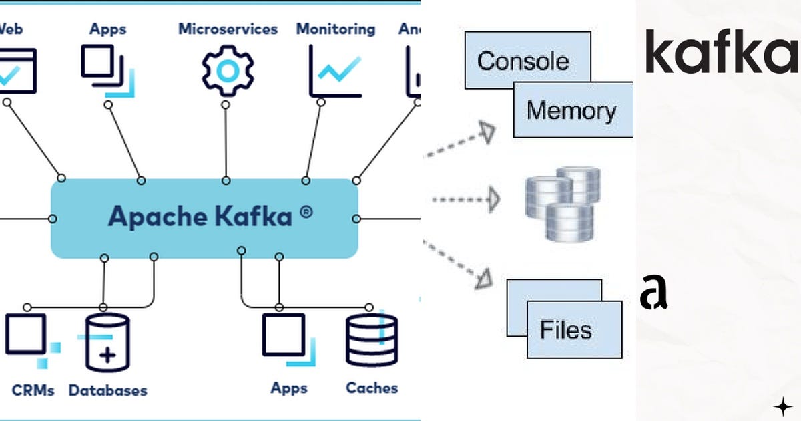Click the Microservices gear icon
[228, 70]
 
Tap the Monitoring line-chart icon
[336, 71]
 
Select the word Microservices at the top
[228, 29]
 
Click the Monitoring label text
[336, 29]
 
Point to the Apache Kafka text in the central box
[200, 217]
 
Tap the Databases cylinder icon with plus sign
[107, 343]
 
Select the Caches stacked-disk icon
[372, 340]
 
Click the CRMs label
[33, 389]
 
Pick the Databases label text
[107, 390]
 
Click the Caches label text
[372, 388]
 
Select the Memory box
[571, 110]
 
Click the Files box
[566, 329]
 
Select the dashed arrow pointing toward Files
[461, 263]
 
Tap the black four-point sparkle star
[782, 406]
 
